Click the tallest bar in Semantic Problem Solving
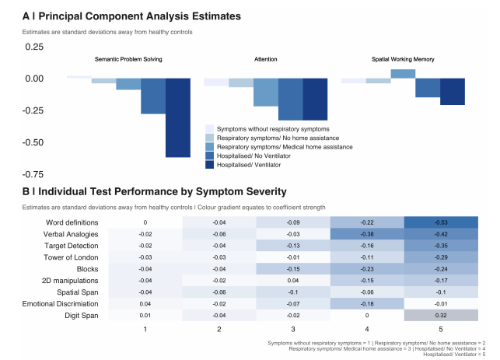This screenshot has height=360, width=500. coord(178,117)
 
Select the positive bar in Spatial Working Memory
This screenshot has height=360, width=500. coord(402,74)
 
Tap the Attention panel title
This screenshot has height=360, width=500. coord(265,60)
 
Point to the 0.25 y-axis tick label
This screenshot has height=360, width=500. coord(34,47)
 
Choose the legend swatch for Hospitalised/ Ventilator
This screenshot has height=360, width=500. coord(209,165)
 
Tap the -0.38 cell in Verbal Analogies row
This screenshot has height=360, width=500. coord(367,234)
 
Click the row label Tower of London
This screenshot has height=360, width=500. coord(75,257)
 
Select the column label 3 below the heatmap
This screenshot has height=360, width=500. coord(293,330)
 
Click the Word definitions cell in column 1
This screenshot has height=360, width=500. coord(145,222)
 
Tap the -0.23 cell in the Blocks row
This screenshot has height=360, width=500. coord(367,269)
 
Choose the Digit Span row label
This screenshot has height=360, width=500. coord(83,316)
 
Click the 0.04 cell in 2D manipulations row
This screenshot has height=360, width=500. coord(293,281)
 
